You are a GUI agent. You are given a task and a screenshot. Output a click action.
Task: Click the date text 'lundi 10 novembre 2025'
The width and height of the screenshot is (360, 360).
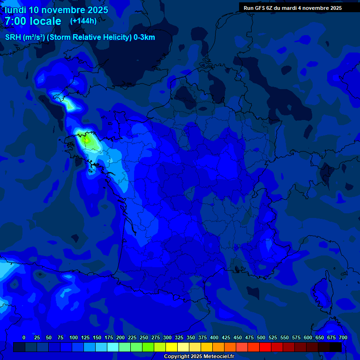point(56,10)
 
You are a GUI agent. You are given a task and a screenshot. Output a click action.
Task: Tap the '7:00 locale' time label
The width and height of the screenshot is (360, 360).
point(33,22)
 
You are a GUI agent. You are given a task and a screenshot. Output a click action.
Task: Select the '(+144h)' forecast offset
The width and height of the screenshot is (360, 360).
point(83,21)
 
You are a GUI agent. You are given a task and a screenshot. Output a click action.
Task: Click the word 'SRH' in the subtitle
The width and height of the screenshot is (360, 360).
point(13,37)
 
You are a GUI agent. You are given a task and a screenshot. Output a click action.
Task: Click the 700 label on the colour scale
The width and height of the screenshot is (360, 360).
point(343,337)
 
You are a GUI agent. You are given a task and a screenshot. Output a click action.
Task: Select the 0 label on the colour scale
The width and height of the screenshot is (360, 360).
point(24,337)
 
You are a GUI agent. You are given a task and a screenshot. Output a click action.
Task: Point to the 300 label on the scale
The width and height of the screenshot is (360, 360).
point(167,337)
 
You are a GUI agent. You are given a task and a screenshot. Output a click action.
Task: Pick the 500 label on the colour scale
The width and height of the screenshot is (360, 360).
point(261,337)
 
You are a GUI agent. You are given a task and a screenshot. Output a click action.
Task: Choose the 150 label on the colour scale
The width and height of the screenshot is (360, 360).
point(97,337)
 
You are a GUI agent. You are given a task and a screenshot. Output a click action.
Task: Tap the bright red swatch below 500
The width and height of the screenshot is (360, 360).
point(265,347)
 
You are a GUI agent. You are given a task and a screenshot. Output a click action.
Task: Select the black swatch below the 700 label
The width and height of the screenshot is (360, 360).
point(336,347)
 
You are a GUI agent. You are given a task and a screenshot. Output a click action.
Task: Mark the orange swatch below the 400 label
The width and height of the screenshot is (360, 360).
point(218,347)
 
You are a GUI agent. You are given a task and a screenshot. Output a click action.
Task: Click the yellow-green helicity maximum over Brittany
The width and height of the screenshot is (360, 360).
point(86,139)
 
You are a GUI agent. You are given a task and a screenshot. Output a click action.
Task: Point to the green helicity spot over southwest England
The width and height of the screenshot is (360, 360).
point(70,105)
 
